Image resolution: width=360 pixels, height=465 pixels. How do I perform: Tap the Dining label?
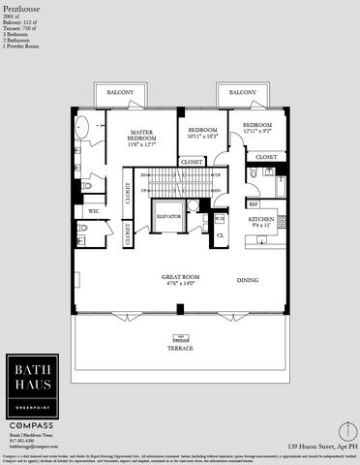[249, 281]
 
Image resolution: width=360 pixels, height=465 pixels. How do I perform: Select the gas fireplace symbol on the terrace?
[180, 339]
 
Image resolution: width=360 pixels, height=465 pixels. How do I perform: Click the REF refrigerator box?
[253, 204]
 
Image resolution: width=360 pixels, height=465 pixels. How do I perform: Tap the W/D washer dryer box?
[219, 217]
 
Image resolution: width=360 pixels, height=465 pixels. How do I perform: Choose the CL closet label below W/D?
[220, 234]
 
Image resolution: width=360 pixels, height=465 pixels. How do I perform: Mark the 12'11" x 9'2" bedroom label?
[265, 128]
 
